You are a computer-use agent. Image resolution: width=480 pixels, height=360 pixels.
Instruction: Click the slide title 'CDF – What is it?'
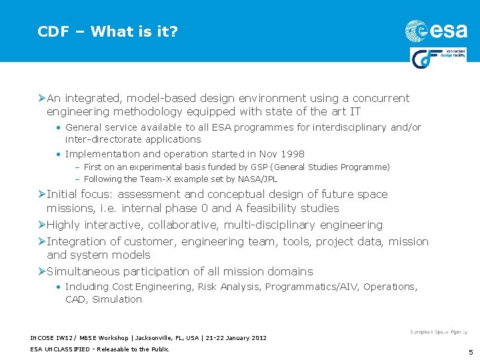(107, 31)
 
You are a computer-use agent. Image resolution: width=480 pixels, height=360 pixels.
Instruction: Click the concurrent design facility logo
(438, 58)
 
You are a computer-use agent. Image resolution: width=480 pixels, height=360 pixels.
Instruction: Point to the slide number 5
(470, 353)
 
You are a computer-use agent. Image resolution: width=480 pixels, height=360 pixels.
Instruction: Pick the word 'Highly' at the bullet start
(63, 225)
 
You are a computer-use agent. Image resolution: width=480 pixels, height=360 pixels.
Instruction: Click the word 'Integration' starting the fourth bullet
(76, 241)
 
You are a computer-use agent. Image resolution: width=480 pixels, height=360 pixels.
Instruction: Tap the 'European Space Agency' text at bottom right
(438, 331)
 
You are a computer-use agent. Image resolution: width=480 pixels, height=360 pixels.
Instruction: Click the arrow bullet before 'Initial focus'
(41, 195)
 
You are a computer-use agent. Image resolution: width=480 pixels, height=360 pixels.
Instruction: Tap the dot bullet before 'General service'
(59, 127)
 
